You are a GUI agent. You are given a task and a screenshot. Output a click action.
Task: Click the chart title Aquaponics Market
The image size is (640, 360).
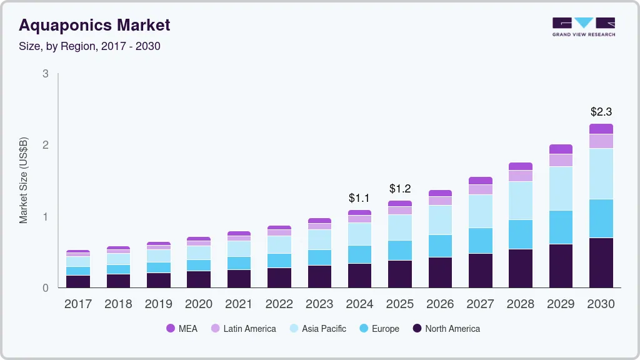click(94, 26)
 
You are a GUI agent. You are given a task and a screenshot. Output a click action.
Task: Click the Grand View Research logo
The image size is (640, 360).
click(583, 26)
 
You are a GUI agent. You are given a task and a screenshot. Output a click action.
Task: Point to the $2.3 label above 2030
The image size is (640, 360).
click(601, 112)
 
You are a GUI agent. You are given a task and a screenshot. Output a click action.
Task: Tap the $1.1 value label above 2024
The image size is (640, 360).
click(359, 198)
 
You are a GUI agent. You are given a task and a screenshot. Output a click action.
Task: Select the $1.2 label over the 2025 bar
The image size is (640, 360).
click(400, 189)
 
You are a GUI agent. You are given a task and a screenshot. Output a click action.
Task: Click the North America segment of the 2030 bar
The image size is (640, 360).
click(601, 262)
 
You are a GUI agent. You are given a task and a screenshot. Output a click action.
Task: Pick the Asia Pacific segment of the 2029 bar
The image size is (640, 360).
click(561, 188)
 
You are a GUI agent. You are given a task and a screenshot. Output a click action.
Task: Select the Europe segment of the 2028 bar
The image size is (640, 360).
click(520, 234)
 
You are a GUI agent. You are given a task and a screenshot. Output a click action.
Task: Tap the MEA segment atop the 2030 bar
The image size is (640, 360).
click(601, 129)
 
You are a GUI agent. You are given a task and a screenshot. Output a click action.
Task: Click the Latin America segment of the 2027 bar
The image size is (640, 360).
click(480, 189)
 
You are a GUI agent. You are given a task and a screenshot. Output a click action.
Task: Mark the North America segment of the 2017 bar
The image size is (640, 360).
click(78, 281)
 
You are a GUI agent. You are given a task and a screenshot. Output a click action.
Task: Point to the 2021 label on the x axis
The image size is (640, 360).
click(239, 304)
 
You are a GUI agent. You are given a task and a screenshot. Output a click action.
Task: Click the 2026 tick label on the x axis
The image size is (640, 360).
click(440, 304)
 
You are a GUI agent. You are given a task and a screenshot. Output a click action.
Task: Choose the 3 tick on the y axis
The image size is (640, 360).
click(46, 74)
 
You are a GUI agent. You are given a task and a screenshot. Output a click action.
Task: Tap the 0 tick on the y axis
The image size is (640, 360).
click(46, 288)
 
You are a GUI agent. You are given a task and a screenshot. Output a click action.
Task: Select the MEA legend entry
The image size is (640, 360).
click(182, 328)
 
